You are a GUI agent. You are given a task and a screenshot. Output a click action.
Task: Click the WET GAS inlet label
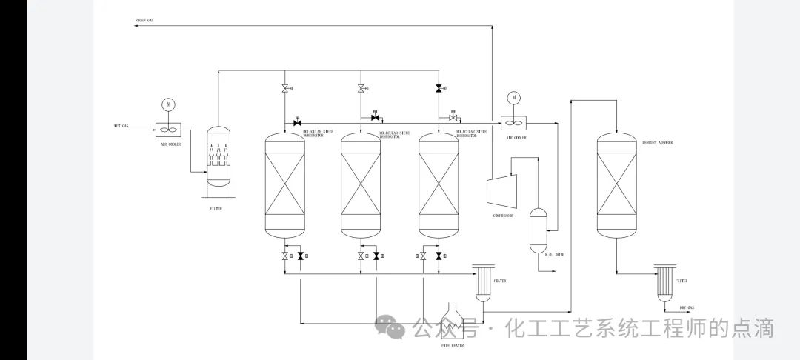click(121, 125)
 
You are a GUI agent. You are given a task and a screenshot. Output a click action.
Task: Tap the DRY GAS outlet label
click(687, 307)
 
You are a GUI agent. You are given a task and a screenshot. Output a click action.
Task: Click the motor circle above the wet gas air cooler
click(169, 104)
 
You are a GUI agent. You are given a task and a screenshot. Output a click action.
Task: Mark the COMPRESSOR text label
click(503, 216)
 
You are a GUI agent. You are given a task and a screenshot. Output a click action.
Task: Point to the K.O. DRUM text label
click(554, 254)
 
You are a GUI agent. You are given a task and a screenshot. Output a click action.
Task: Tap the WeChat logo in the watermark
click(390, 327)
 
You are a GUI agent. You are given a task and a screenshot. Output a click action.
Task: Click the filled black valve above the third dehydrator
click(439, 89)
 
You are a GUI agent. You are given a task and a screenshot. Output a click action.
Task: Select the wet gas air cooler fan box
click(169, 128)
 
